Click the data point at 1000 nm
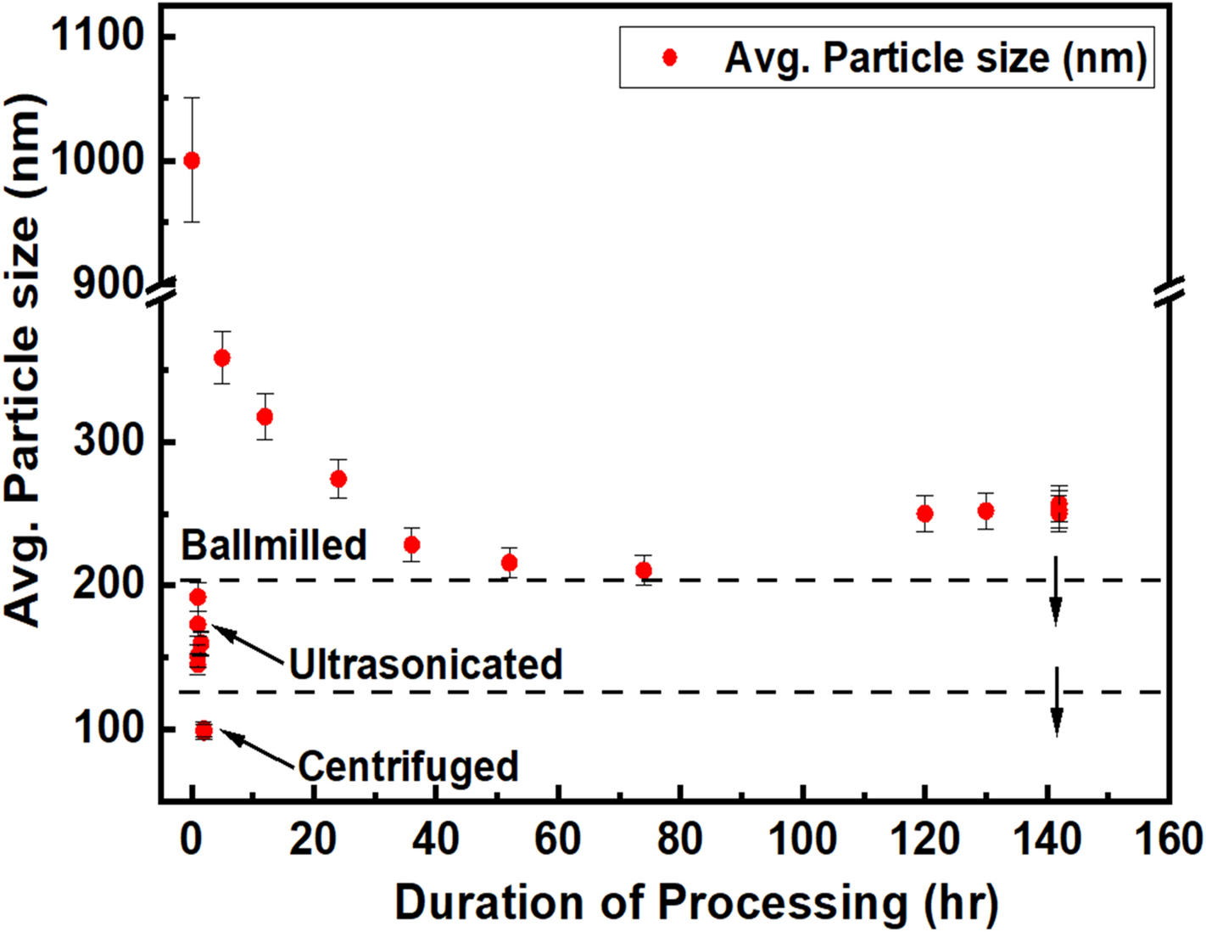(x=192, y=160)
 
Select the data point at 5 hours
(x=222, y=357)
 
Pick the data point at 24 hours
(x=338, y=479)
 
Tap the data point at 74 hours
(x=644, y=570)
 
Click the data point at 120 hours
(x=924, y=514)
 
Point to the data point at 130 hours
(x=985, y=511)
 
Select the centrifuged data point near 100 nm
(x=204, y=730)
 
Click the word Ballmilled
(x=274, y=545)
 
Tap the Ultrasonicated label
(x=426, y=664)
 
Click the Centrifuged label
(x=408, y=766)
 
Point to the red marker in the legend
(x=670, y=57)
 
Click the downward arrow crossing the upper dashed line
(x=1056, y=591)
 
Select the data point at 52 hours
(x=509, y=562)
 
